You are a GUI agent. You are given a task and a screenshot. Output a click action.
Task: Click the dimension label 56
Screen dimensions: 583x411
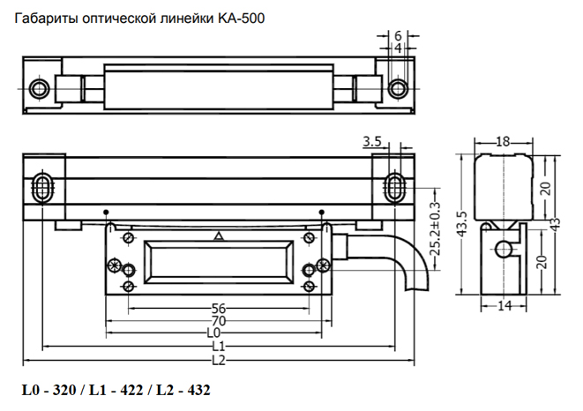[219, 308]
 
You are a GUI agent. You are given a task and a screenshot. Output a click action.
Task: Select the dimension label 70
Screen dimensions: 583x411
[219, 320]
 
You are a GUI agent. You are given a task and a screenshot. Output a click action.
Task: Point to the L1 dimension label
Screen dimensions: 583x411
[219, 347]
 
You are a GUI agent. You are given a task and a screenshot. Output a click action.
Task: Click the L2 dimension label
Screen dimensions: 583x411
[219, 361]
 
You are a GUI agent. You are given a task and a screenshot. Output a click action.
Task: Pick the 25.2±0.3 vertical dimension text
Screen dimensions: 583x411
[435, 228]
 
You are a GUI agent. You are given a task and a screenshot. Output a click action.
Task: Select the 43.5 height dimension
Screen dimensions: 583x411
[461, 224]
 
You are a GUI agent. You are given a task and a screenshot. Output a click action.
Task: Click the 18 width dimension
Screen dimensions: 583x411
[503, 142]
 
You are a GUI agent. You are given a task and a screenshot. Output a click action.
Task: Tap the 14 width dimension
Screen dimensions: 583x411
[505, 306]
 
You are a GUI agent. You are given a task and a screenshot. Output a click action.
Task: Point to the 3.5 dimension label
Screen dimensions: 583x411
[372, 141]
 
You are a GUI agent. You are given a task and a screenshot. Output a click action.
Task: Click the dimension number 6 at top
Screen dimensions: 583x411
[398, 35]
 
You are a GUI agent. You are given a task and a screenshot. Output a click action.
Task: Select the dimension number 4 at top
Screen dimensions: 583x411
[398, 49]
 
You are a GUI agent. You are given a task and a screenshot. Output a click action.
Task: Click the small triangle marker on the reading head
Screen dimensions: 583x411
[219, 235]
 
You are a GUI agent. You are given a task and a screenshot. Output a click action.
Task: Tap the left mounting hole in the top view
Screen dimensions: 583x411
[39, 88]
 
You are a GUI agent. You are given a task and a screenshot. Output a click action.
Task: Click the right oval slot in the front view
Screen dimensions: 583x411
[394, 187]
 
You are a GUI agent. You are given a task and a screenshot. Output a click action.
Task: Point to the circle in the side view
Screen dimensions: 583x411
[504, 250]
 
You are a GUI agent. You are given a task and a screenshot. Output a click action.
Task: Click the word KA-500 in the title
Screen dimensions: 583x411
[241, 19]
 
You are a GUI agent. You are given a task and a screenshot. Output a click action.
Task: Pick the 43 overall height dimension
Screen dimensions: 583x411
[555, 224]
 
